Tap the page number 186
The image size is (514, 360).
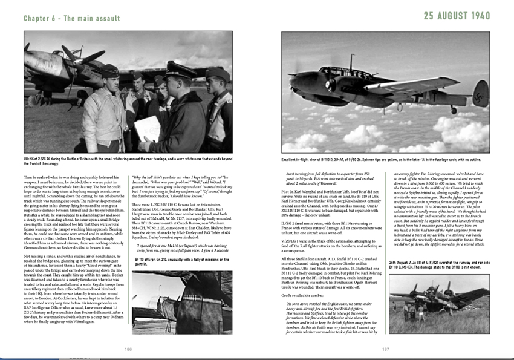tap(128, 349)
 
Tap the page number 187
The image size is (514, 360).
tap(385, 349)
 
